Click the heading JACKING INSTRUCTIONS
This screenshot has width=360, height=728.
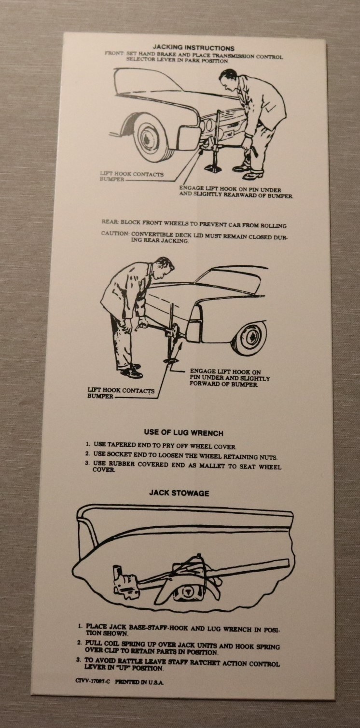193,48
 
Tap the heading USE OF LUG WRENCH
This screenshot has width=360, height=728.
184,433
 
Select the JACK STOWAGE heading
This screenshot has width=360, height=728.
179,493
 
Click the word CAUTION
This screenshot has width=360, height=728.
115,234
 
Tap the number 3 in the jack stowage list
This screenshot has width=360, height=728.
78,660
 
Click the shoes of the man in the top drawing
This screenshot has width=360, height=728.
249,172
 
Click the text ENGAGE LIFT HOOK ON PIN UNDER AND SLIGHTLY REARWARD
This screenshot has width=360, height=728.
236,192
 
